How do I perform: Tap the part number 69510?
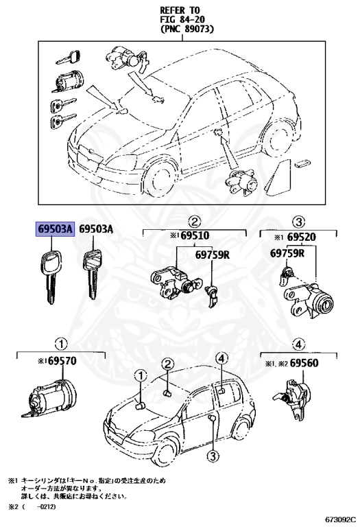193,236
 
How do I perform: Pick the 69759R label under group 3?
287,254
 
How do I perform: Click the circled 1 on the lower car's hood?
140,376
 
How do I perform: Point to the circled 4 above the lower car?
221,358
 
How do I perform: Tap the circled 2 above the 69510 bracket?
194,221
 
